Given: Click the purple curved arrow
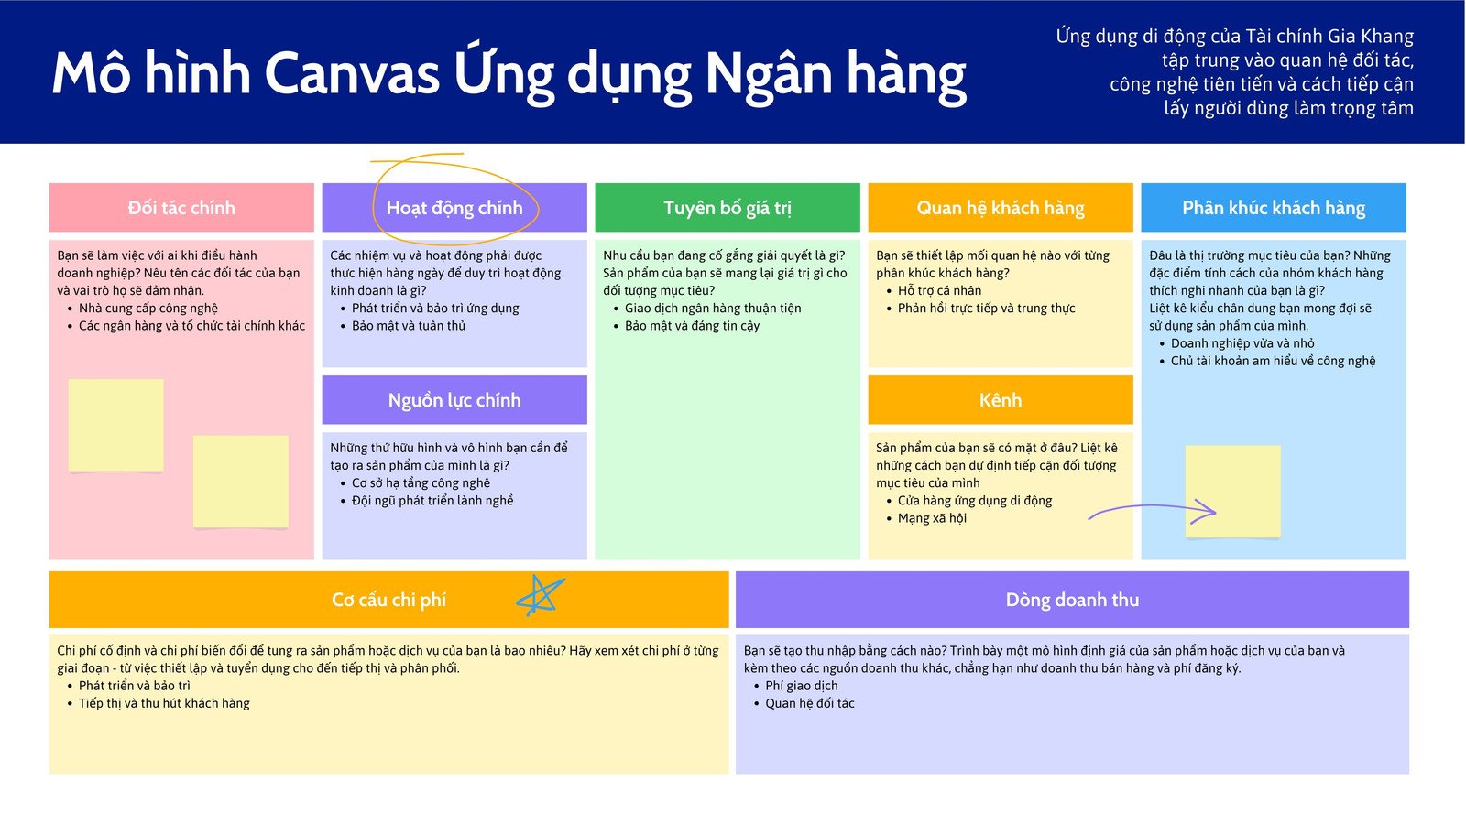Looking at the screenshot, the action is coord(1152,506).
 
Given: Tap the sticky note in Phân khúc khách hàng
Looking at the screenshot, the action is coord(1232,491).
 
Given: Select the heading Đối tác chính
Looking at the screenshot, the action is coord(181,208).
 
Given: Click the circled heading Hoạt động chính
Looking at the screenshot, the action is coord(454,208).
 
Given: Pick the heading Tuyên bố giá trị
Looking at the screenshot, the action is coord(728,208).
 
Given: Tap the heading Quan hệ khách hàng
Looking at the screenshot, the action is coord(1000,208).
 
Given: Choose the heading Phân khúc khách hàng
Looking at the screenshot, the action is coord(1274,208).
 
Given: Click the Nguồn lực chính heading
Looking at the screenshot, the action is coord(454,400).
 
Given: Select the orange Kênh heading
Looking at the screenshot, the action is coord(1000,400).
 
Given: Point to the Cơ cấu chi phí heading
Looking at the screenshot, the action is coord(388,600).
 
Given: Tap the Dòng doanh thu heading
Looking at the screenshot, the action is coord(1072,600).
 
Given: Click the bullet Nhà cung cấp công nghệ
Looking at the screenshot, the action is coord(148,308).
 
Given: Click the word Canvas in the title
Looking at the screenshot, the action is coord(352,73).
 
